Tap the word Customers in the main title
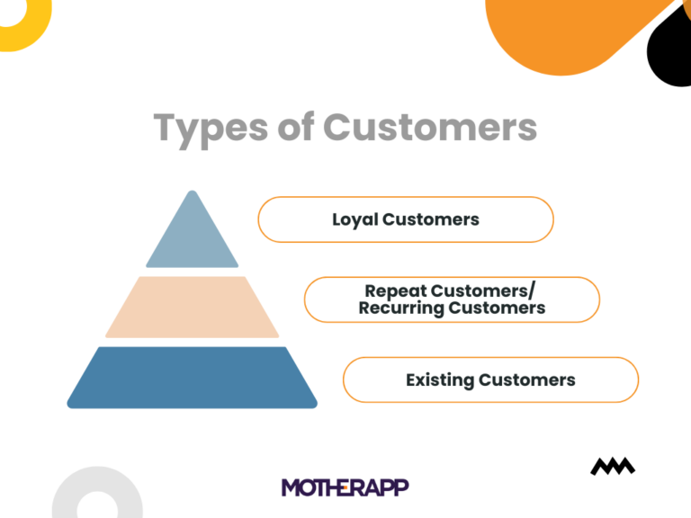pyautogui.click(x=430, y=127)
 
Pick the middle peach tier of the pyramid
pyautogui.click(x=192, y=308)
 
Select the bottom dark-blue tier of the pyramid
pyautogui.click(x=192, y=378)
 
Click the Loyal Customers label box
pyautogui.click(x=405, y=219)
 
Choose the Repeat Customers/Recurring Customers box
pyautogui.click(x=452, y=299)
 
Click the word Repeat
pyautogui.click(x=396, y=291)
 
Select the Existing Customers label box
pyautogui.click(x=490, y=380)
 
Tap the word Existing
pyautogui.click(x=440, y=380)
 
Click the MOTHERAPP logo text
pyautogui.click(x=345, y=487)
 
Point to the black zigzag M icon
pyautogui.click(x=613, y=466)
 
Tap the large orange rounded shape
pyautogui.click(x=567, y=27)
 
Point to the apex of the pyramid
pyautogui.click(x=191, y=193)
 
